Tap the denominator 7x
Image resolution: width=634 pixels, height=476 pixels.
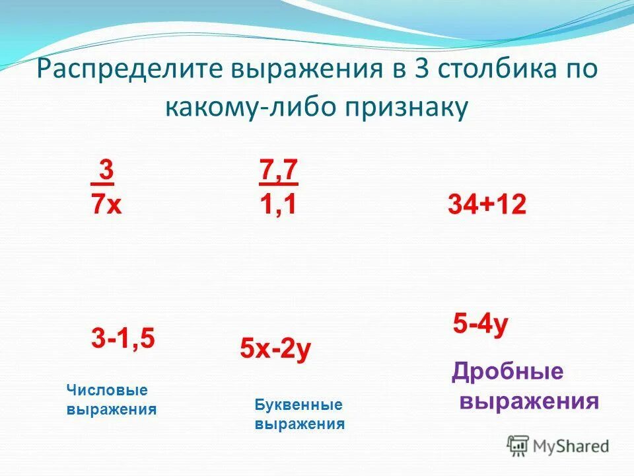106,204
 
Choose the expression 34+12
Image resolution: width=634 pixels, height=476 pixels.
487,205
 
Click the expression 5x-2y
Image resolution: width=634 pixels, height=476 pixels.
275,350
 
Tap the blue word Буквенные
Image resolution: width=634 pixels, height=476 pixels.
299,405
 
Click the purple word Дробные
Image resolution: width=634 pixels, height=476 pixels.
507,372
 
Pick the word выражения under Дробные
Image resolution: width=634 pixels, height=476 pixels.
529,401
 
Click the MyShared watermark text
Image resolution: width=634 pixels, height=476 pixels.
571,446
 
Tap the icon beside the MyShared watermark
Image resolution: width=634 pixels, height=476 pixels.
518,446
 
